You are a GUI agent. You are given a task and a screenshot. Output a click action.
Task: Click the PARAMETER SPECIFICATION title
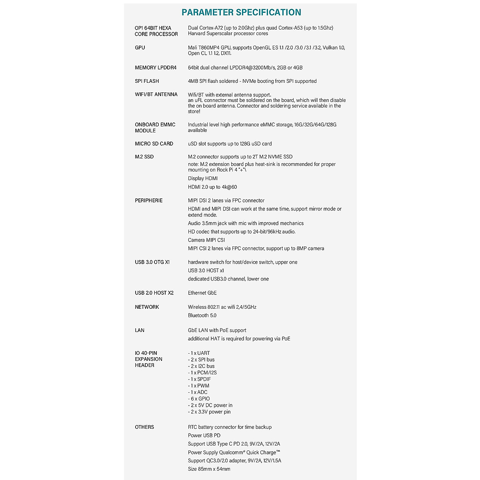(241, 12)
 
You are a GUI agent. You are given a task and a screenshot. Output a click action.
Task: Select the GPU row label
(140, 48)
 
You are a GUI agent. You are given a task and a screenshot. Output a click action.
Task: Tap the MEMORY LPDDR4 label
(156, 68)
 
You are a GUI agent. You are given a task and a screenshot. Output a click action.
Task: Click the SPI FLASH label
(147, 81)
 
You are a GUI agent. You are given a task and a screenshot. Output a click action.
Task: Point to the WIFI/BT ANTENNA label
(156, 94)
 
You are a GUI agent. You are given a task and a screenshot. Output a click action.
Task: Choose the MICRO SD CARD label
(154, 144)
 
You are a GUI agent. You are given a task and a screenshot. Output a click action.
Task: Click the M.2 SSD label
(144, 157)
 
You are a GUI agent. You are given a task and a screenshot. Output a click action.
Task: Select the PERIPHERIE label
(148, 200)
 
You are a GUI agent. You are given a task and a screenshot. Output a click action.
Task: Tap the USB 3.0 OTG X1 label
(152, 262)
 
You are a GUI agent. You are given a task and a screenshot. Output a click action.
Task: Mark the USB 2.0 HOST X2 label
(154, 293)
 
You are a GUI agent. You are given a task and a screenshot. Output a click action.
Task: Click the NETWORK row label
(147, 307)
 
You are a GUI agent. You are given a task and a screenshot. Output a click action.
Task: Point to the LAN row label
(140, 330)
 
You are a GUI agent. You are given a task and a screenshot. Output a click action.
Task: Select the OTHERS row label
(144, 427)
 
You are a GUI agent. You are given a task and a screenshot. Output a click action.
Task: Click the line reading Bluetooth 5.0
(202, 316)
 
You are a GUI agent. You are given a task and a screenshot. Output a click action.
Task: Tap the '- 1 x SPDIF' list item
(199, 379)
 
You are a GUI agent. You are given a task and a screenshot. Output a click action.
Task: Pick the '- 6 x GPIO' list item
(199, 399)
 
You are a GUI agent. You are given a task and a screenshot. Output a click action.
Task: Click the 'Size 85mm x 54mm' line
(209, 469)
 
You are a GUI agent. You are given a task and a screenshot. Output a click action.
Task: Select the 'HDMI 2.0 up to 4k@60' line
(212, 187)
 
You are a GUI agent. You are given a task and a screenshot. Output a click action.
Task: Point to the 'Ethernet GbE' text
(202, 293)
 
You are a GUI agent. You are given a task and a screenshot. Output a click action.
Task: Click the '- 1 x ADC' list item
(198, 392)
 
